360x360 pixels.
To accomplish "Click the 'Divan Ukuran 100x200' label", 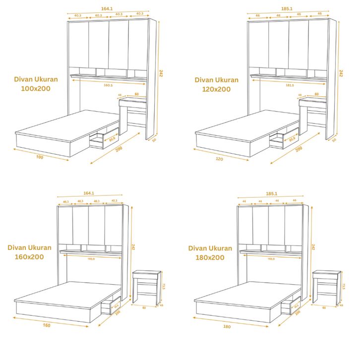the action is pyautogui.click(x=36, y=84).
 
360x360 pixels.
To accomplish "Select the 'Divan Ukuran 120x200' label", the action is pyautogui.click(x=216, y=84).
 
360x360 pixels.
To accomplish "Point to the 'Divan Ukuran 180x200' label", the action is pyautogui.click(x=210, y=252).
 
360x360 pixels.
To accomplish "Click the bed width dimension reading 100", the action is pyautogui.click(x=40, y=157).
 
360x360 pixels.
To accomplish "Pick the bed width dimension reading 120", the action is pyautogui.click(x=219, y=159).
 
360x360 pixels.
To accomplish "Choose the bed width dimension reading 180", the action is pyautogui.click(x=227, y=327).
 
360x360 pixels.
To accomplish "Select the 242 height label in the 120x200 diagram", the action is pyautogui.click(x=341, y=73).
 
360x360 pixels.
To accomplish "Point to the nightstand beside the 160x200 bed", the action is pyautogui.click(x=147, y=287).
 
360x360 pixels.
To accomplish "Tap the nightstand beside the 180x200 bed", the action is pyautogui.click(x=327, y=287).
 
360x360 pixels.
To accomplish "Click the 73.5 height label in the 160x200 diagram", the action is pyautogui.click(x=164, y=287).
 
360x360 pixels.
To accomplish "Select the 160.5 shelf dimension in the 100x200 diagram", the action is pyautogui.click(x=109, y=84).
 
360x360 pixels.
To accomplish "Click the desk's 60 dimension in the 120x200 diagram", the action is pyautogui.click(x=316, y=94).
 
